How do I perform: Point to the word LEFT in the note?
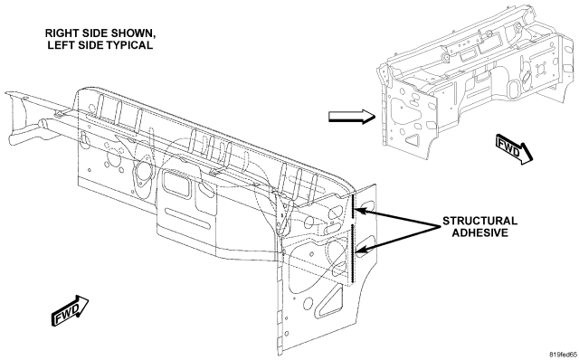pos(58,45)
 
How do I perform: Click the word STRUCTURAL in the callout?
pos(479,221)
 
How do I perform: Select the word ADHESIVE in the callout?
pos(480,232)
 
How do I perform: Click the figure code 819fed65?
pos(563,355)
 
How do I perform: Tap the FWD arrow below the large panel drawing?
pos(71,310)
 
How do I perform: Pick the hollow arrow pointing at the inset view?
pos(352,117)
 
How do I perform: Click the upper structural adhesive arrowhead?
pos(360,212)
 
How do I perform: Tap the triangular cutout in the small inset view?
pos(413,139)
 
